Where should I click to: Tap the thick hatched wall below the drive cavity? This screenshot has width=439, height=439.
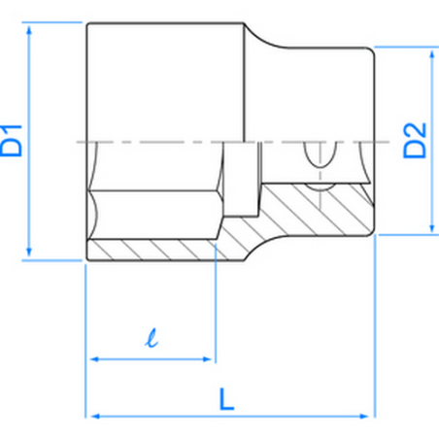click(x=311, y=209)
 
